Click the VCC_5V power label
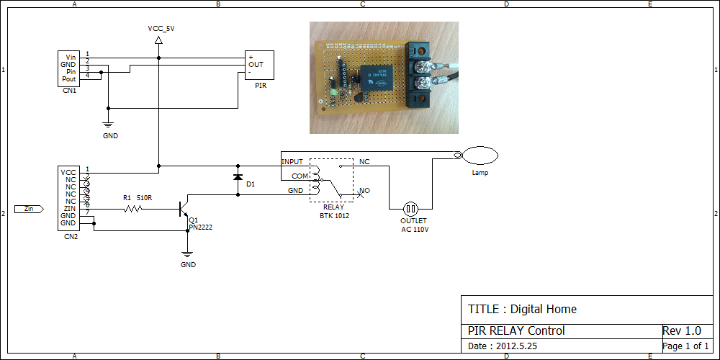tap(161, 29)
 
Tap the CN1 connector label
tap(70, 91)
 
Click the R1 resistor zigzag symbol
tap(132, 209)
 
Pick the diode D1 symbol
tap(238, 176)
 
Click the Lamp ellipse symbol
tap(480, 155)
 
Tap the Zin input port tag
tap(29, 209)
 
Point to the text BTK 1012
tap(334, 215)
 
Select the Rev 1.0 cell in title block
tap(681, 331)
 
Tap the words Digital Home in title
tap(544, 310)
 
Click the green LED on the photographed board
tap(333, 92)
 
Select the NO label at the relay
tap(365, 192)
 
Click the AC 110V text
tap(415, 230)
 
